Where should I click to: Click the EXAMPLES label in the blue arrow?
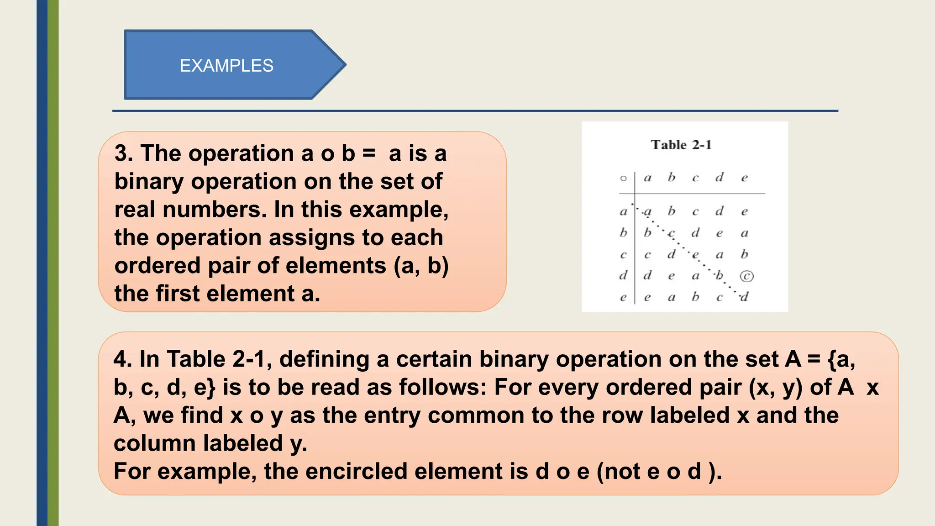[x=226, y=66]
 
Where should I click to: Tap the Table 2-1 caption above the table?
[x=681, y=145]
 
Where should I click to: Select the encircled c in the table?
[x=746, y=276]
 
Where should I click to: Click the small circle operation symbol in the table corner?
[x=624, y=178]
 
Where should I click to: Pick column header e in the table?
[x=744, y=178]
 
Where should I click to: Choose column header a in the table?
[x=647, y=178]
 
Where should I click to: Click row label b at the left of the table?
[x=624, y=232]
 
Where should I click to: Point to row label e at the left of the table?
[x=624, y=298]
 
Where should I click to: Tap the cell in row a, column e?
[x=744, y=211]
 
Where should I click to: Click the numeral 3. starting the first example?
[x=124, y=153]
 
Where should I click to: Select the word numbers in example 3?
[x=214, y=210]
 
